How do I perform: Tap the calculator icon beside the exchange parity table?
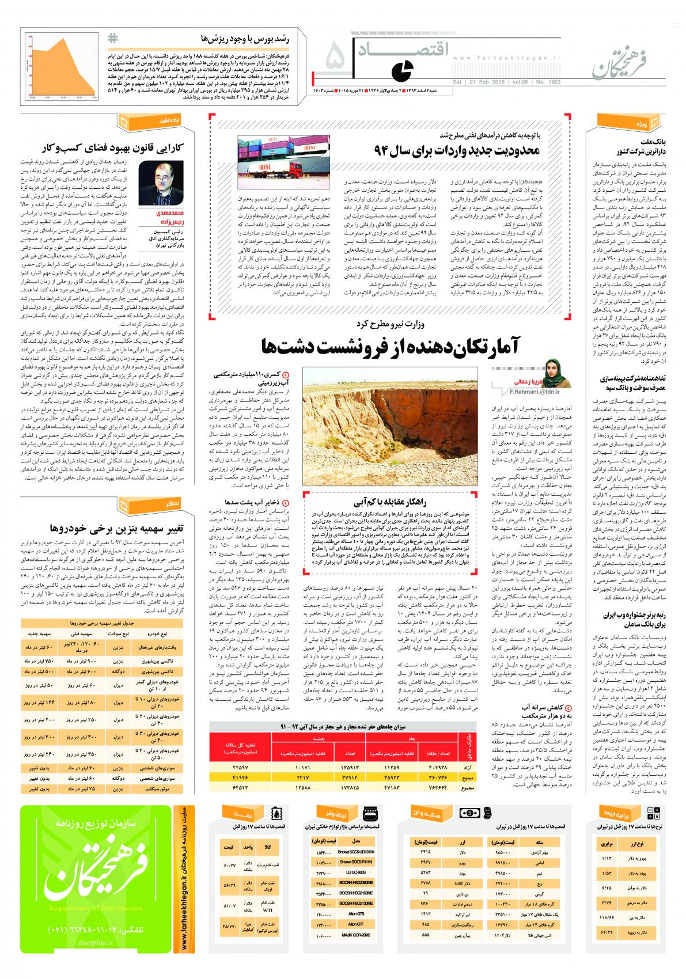pyautogui.click(x=654, y=813)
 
